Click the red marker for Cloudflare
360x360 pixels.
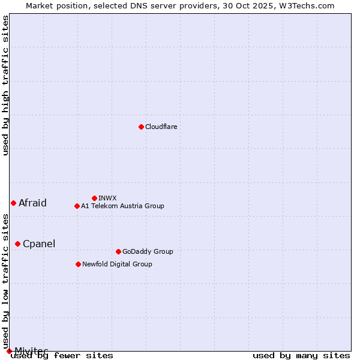(141, 127)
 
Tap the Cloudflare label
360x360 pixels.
(161, 127)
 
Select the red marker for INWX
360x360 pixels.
(94, 198)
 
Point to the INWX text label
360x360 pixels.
(107, 199)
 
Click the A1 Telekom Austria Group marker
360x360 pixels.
(77, 206)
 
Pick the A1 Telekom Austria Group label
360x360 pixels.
(122, 206)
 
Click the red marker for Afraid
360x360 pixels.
(13, 203)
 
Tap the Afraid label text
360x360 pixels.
(32, 203)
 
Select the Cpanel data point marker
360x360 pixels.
(17, 244)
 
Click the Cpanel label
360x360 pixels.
(39, 244)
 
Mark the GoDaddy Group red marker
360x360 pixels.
(118, 251)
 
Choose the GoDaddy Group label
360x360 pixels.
(148, 252)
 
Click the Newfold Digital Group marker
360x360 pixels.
(78, 264)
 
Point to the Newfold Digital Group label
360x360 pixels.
(117, 265)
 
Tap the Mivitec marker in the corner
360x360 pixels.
(9, 351)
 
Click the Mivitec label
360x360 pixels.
(31, 350)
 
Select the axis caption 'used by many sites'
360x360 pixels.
(301, 356)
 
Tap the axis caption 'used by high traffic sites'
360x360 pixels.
(6, 85)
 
